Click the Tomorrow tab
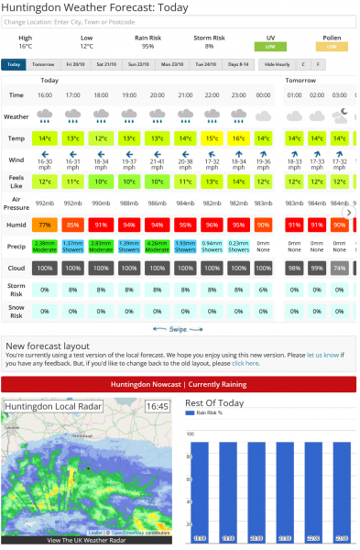pos(43,64)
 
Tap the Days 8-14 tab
pos(238,64)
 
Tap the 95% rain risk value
pos(147,46)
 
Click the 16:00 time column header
pos(45,94)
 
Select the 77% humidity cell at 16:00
pos(45,224)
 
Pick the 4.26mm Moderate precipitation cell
pos(157,245)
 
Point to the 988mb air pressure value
pos(129,203)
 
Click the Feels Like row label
pos(16,181)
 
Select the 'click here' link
pos(245,363)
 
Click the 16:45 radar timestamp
pos(157,405)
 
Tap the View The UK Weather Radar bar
pos(86,541)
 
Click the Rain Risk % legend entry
pos(210,413)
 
